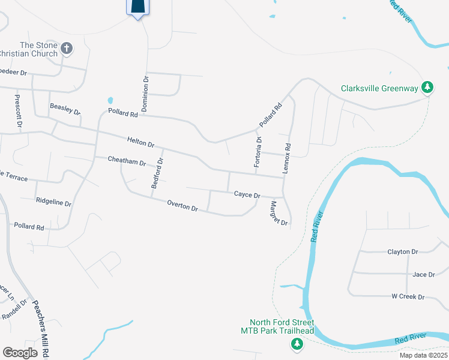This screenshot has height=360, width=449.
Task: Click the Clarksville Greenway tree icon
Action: point(427,88)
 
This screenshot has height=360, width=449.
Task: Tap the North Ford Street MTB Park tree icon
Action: point(296,344)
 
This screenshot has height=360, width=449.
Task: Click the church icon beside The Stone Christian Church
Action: point(67,48)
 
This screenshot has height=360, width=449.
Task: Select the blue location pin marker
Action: point(138,7)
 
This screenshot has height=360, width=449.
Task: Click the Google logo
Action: point(20,353)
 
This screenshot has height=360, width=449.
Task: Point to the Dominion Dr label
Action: point(145,94)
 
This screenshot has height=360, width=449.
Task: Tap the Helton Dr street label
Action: point(141,142)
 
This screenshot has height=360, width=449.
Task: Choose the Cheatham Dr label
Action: point(127,161)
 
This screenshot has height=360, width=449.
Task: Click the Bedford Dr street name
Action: point(157,173)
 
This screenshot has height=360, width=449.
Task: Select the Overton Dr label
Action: point(182,206)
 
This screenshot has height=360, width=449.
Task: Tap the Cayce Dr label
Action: point(247,195)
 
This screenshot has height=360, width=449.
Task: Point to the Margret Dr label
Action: point(279,213)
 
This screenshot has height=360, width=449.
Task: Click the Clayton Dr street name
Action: point(402,252)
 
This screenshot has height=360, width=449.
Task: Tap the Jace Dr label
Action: point(423,274)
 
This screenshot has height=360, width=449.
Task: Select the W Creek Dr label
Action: point(408,296)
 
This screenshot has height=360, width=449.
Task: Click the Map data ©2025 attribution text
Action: point(423,355)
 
